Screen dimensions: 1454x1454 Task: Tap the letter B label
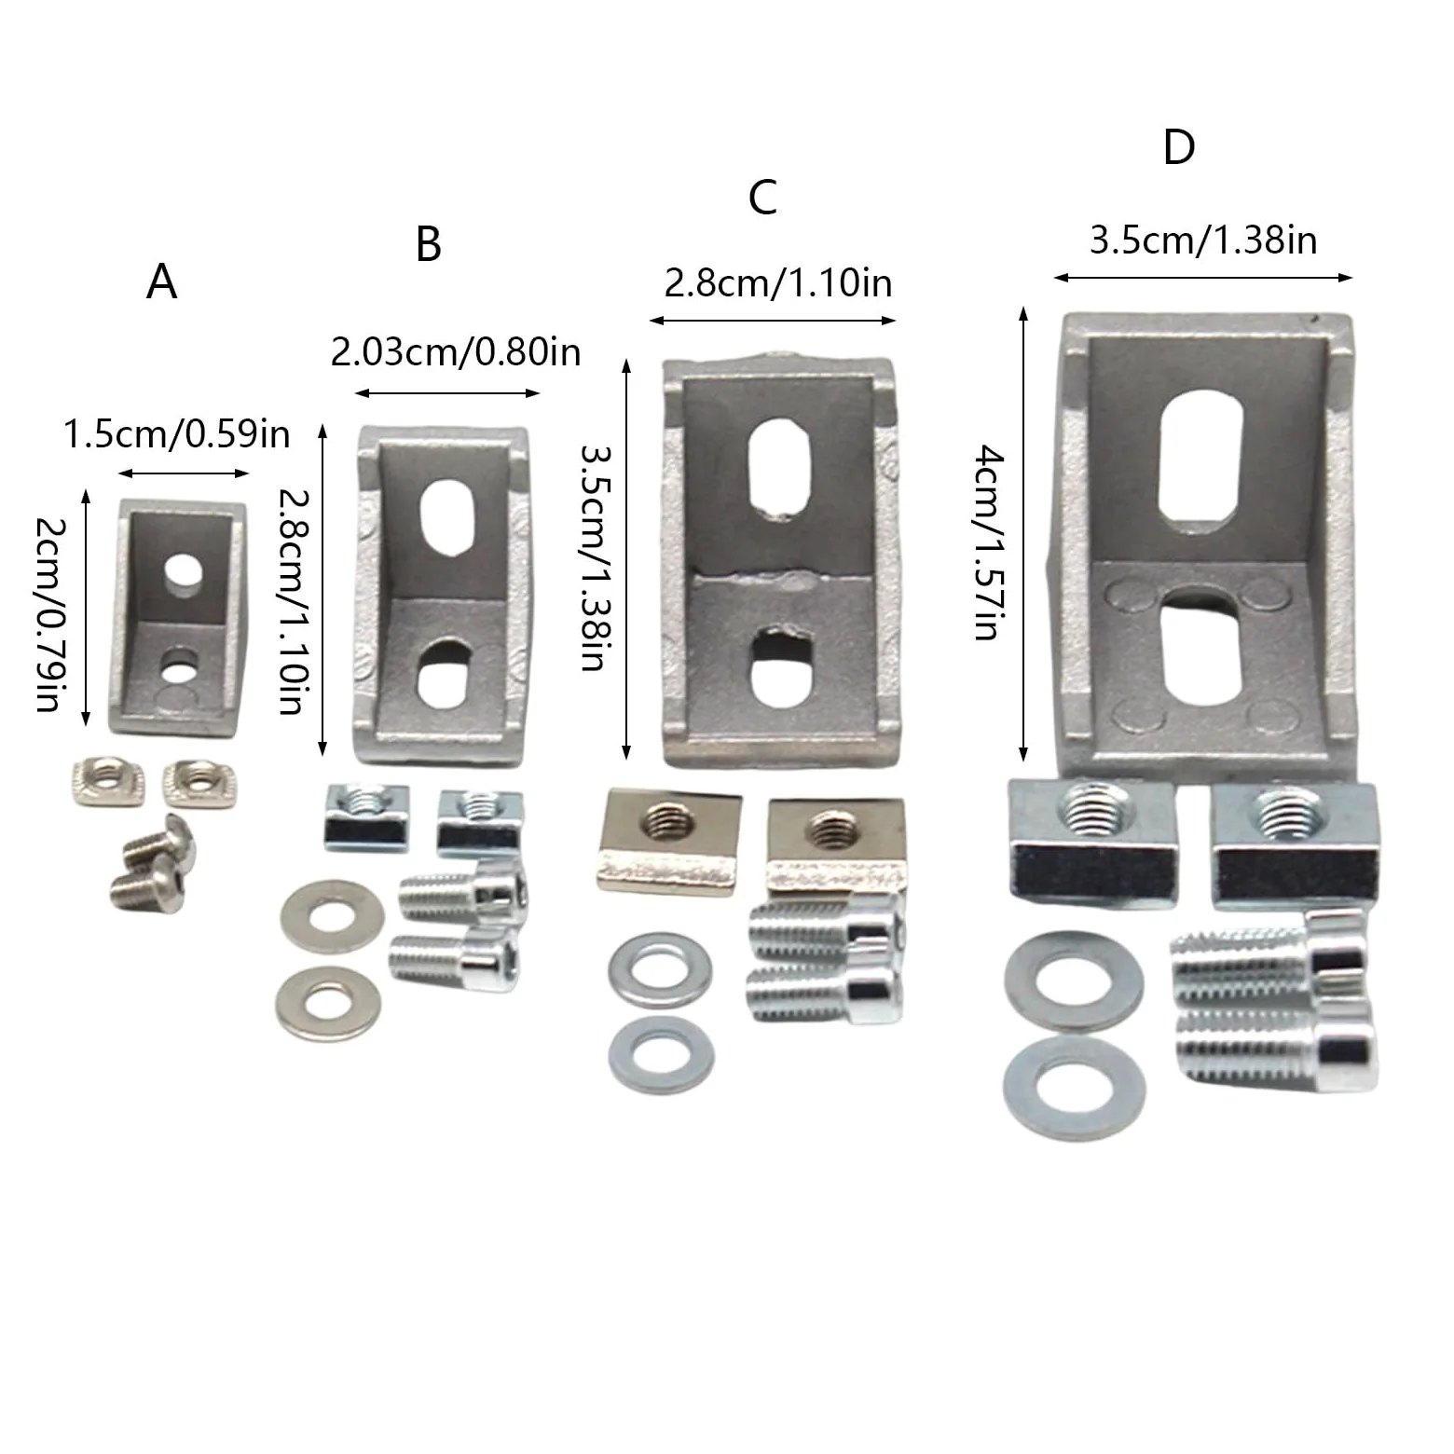[428, 243]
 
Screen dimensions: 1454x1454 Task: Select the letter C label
[762, 198]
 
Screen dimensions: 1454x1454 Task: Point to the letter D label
[1179, 147]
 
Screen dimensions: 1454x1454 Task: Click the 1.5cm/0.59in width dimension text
[177, 434]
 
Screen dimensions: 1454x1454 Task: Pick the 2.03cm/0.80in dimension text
[456, 352]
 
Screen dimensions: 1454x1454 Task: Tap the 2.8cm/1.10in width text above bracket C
[778, 282]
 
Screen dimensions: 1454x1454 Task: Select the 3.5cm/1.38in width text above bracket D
[1203, 240]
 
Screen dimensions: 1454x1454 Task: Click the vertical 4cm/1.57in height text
[988, 543]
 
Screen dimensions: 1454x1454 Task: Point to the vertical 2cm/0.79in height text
[49, 614]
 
